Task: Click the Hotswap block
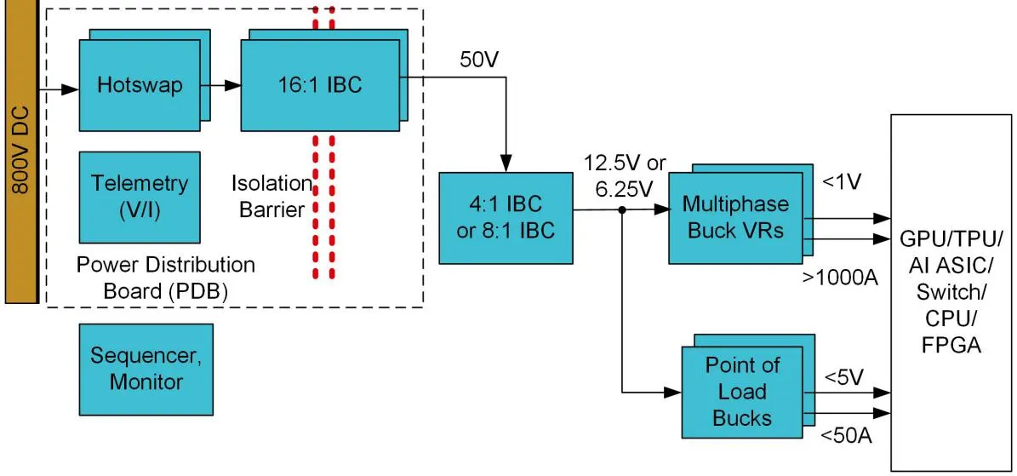pos(140,85)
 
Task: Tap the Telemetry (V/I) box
pos(140,196)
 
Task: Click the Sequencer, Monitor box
pos(146,368)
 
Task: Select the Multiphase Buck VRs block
pos(735,217)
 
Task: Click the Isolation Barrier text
pos(271,195)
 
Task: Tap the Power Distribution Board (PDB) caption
pos(166,277)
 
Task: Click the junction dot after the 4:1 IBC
pos(623,210)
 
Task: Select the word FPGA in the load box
pos(951,346)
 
